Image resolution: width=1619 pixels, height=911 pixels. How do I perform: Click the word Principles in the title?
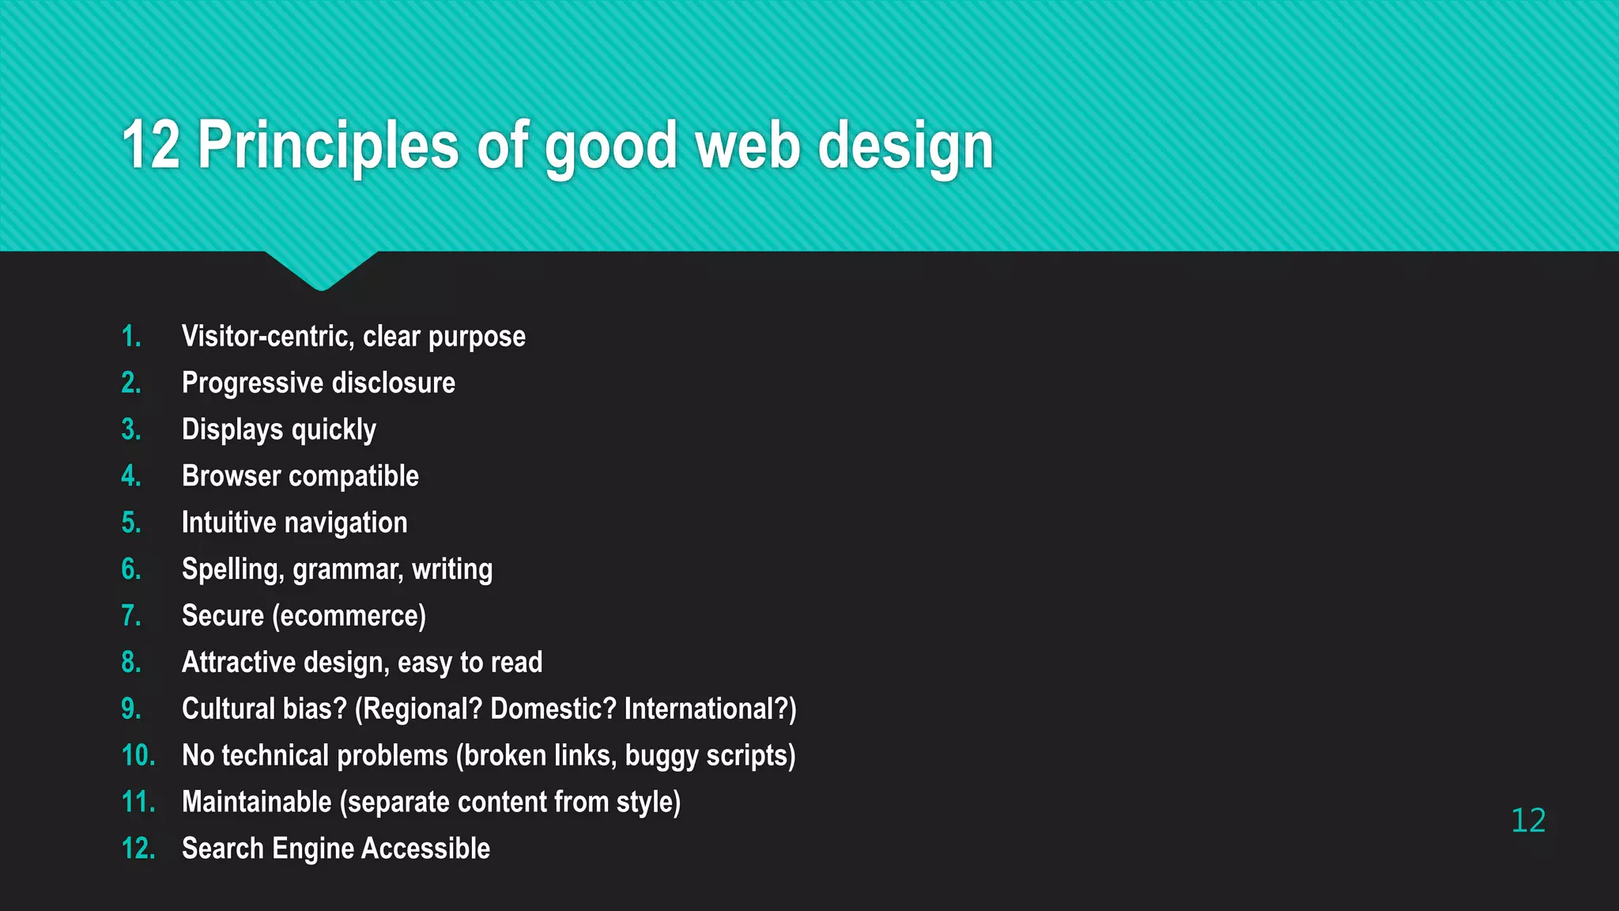click(327, 146)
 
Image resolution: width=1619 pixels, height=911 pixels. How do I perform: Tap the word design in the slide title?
click(905, 147)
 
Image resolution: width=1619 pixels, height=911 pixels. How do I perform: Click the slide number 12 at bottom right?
click(1527, 821)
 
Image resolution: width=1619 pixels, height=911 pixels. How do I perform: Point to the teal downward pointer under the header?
click(321, 269)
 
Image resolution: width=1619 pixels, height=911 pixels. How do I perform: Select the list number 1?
click(131, 337)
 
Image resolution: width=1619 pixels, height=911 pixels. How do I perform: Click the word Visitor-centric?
click(268, 337)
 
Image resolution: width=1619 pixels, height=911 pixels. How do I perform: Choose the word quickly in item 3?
click(334, 430)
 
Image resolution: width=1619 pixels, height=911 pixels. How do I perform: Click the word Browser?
click(232, 476)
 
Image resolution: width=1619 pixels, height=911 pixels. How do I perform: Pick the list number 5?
click(131, 523)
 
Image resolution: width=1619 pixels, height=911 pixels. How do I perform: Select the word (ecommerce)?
click(349, 616)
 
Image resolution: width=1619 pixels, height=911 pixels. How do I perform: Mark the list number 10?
click(138, 756)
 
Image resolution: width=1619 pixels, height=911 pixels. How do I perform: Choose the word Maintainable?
click(257, 802)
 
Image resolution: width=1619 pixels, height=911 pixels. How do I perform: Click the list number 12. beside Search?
click(138, 849)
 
